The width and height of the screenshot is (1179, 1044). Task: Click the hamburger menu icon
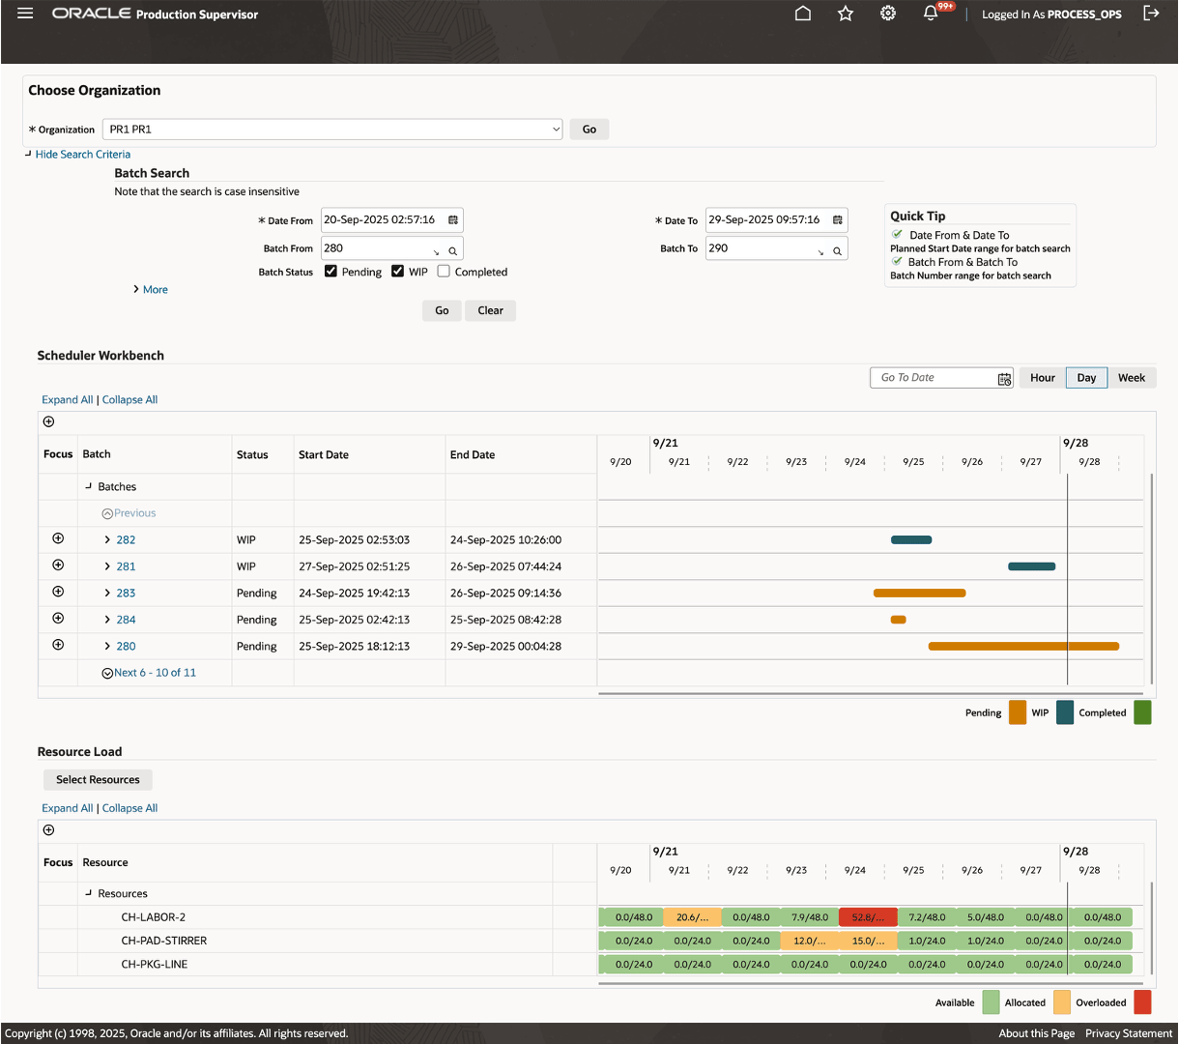pos(25,14)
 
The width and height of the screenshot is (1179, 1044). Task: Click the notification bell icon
pos(931,14)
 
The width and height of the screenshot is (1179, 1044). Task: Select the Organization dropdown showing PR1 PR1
pos(332,130)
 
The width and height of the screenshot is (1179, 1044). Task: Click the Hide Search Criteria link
pos(82,155)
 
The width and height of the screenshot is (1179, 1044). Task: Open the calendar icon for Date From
pos(453,220)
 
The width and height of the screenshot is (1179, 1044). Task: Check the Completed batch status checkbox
pos(444,272)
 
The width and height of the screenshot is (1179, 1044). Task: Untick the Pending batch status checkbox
pos(331,272)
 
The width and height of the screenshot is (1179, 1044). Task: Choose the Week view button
pos(1131,378)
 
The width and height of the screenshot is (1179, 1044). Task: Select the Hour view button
pos(1042,378)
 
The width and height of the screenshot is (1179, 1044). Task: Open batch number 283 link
pos(126,594)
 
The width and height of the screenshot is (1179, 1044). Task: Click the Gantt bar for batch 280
pos(1022,646)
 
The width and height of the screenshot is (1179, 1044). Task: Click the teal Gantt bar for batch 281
pos(1031,566)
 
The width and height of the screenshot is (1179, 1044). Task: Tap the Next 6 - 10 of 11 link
pos(155,673)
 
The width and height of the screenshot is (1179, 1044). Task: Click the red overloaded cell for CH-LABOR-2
pos(868,917)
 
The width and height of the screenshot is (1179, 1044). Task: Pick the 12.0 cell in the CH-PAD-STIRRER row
pos(809,941)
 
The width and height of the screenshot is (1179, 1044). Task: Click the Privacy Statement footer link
pos(1128,1033)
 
